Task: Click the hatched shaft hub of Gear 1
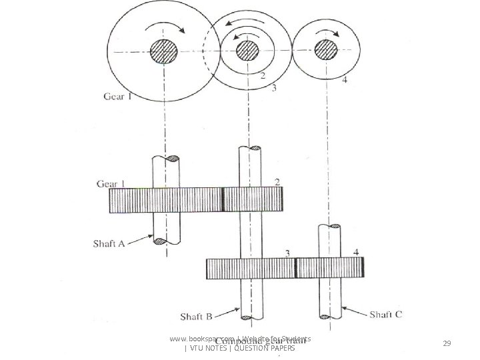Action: [x=163, y=51]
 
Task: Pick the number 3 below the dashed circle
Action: [x=273, y=87]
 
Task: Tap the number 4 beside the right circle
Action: [x=345, y=81]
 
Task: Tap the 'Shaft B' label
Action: [x=196, y=315]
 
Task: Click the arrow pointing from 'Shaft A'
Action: [x=141, y=238]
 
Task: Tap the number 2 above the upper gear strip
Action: [x=276, y=182]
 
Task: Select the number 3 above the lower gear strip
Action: [x=287, y=253]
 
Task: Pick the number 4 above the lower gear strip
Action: [x=356, y=252]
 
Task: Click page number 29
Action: [x=447, y=343]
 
